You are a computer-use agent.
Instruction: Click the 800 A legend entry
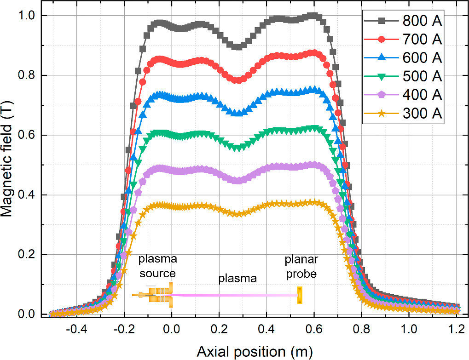pyautogui.click(x=403, y=21)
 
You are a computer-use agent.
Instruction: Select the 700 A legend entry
pyautogui.click(x=403, y=40)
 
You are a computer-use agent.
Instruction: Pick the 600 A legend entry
pyautogui.click(x=403, y=58)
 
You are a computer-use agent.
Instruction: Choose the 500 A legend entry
pyautogui.click(x=403, y=76)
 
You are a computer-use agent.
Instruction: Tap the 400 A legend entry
pyautogui.click(x=403, y=95)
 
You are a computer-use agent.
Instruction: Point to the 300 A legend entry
pyautogui.click(x=403, y=113)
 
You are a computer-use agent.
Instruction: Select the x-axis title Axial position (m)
pyautogui.click(x=255, y=351)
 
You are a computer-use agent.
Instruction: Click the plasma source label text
pyautogui.click(x=157, y=267)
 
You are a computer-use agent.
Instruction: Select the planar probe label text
pyautogui.click(x=301, y=267)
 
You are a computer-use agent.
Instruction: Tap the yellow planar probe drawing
pyautogui.click(x=300, y=295)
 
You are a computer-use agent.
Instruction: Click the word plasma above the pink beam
pyautogui.click(x=237, y=279)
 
